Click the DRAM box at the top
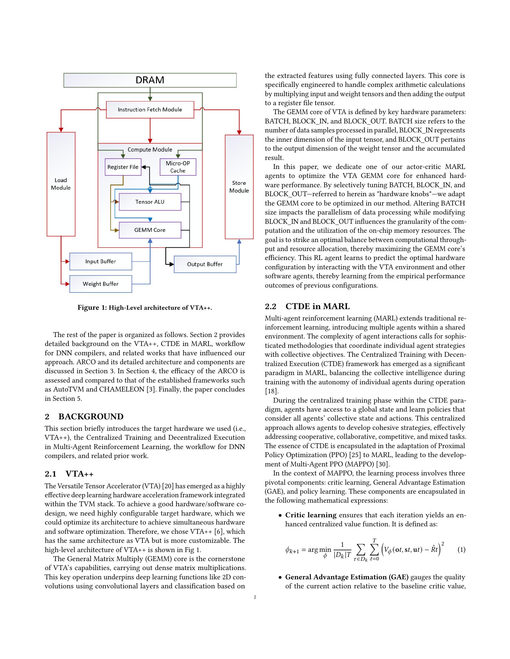click(150, 80)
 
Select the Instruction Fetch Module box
click(150, 110)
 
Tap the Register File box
click(123, 167)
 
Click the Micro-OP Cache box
click(178, 167)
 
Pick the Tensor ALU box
click(150, 202)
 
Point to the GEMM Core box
click(150, 230)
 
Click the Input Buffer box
click(100, 261)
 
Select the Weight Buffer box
click(100, 284)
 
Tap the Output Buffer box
click(205, 264)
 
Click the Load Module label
click(61, 184)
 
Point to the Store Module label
click(239, 187)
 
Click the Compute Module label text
click(150, 150)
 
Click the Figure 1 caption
click(145, 308)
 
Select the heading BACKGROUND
click(91, 417)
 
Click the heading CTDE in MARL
click(317, 306)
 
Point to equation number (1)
click(461, 549)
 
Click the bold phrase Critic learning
click(310, 515)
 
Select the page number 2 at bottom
click(255, 597)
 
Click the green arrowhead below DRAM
click(150, 99)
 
